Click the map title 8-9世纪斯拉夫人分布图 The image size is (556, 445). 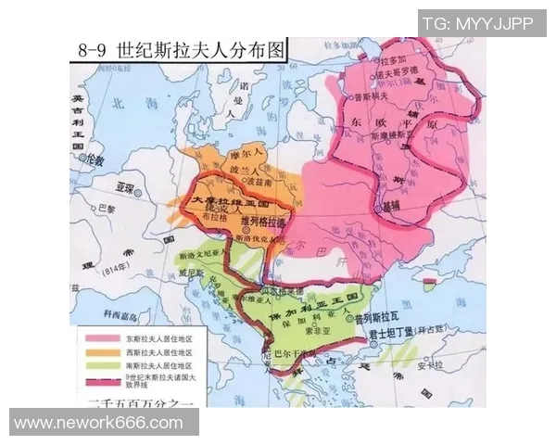177,48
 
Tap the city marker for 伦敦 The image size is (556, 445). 84,159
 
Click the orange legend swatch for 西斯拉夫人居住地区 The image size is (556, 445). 88,352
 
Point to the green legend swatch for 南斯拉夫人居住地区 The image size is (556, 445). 88,365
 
